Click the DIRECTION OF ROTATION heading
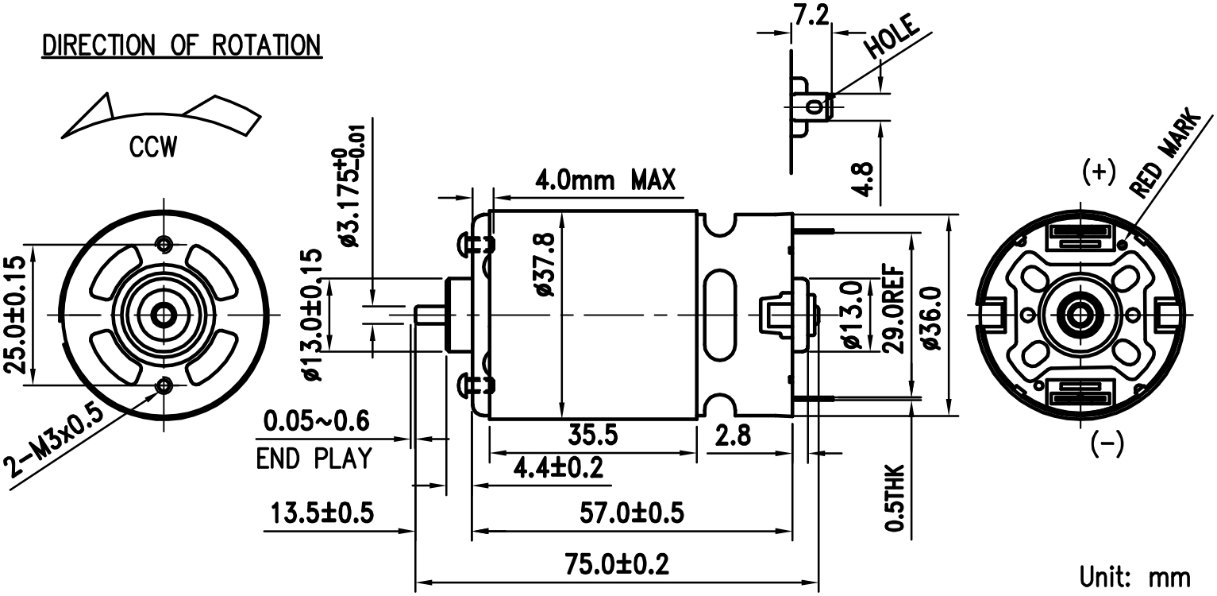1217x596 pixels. coord(182,45)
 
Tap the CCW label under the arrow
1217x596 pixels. coord(153,147)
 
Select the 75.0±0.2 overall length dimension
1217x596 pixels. coord(617,564)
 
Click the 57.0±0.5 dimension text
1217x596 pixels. coord(631,513)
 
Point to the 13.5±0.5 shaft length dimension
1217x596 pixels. coord(322,513)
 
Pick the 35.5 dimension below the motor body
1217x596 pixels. coord(593,435)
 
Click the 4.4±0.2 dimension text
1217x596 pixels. coord(559,468)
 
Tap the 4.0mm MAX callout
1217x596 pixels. coord(605,180)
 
